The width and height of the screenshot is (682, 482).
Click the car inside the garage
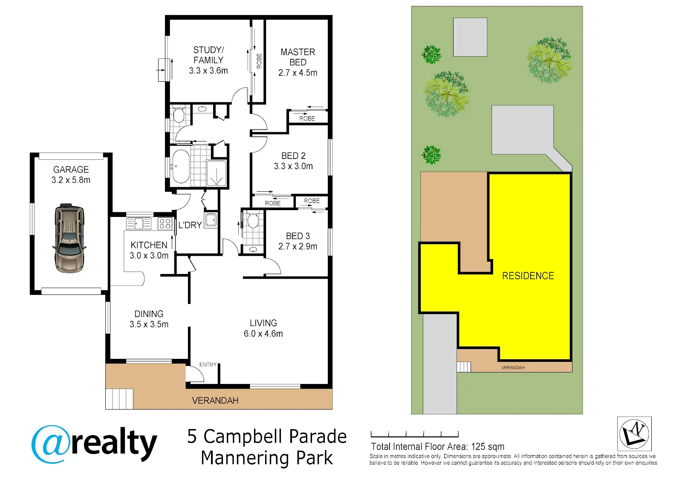point(69,238)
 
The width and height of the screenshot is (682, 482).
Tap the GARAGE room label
point(71,169)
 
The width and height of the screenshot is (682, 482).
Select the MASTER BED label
point(298,57)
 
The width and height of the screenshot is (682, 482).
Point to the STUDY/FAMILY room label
point(208,55)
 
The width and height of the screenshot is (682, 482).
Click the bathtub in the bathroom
point(180,166)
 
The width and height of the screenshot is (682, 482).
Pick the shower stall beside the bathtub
point(217,173)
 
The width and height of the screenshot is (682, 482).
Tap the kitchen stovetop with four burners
point(165,224)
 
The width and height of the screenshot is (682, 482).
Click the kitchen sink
point(139,224)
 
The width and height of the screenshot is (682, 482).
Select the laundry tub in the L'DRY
point(211,220)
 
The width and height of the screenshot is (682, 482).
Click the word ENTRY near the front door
point(208,364)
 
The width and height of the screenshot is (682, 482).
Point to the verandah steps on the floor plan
point(119,399)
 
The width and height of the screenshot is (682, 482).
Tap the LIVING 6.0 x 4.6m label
point(263,328)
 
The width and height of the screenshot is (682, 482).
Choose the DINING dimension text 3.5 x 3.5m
point(149,324)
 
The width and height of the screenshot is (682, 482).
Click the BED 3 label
point(298,236)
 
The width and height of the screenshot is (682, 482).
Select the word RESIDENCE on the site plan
point(528,276)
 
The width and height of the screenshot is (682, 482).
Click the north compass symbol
point(634,433)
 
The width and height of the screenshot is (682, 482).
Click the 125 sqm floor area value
point(488,447)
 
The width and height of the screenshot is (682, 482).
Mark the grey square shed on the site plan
point(470,37)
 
